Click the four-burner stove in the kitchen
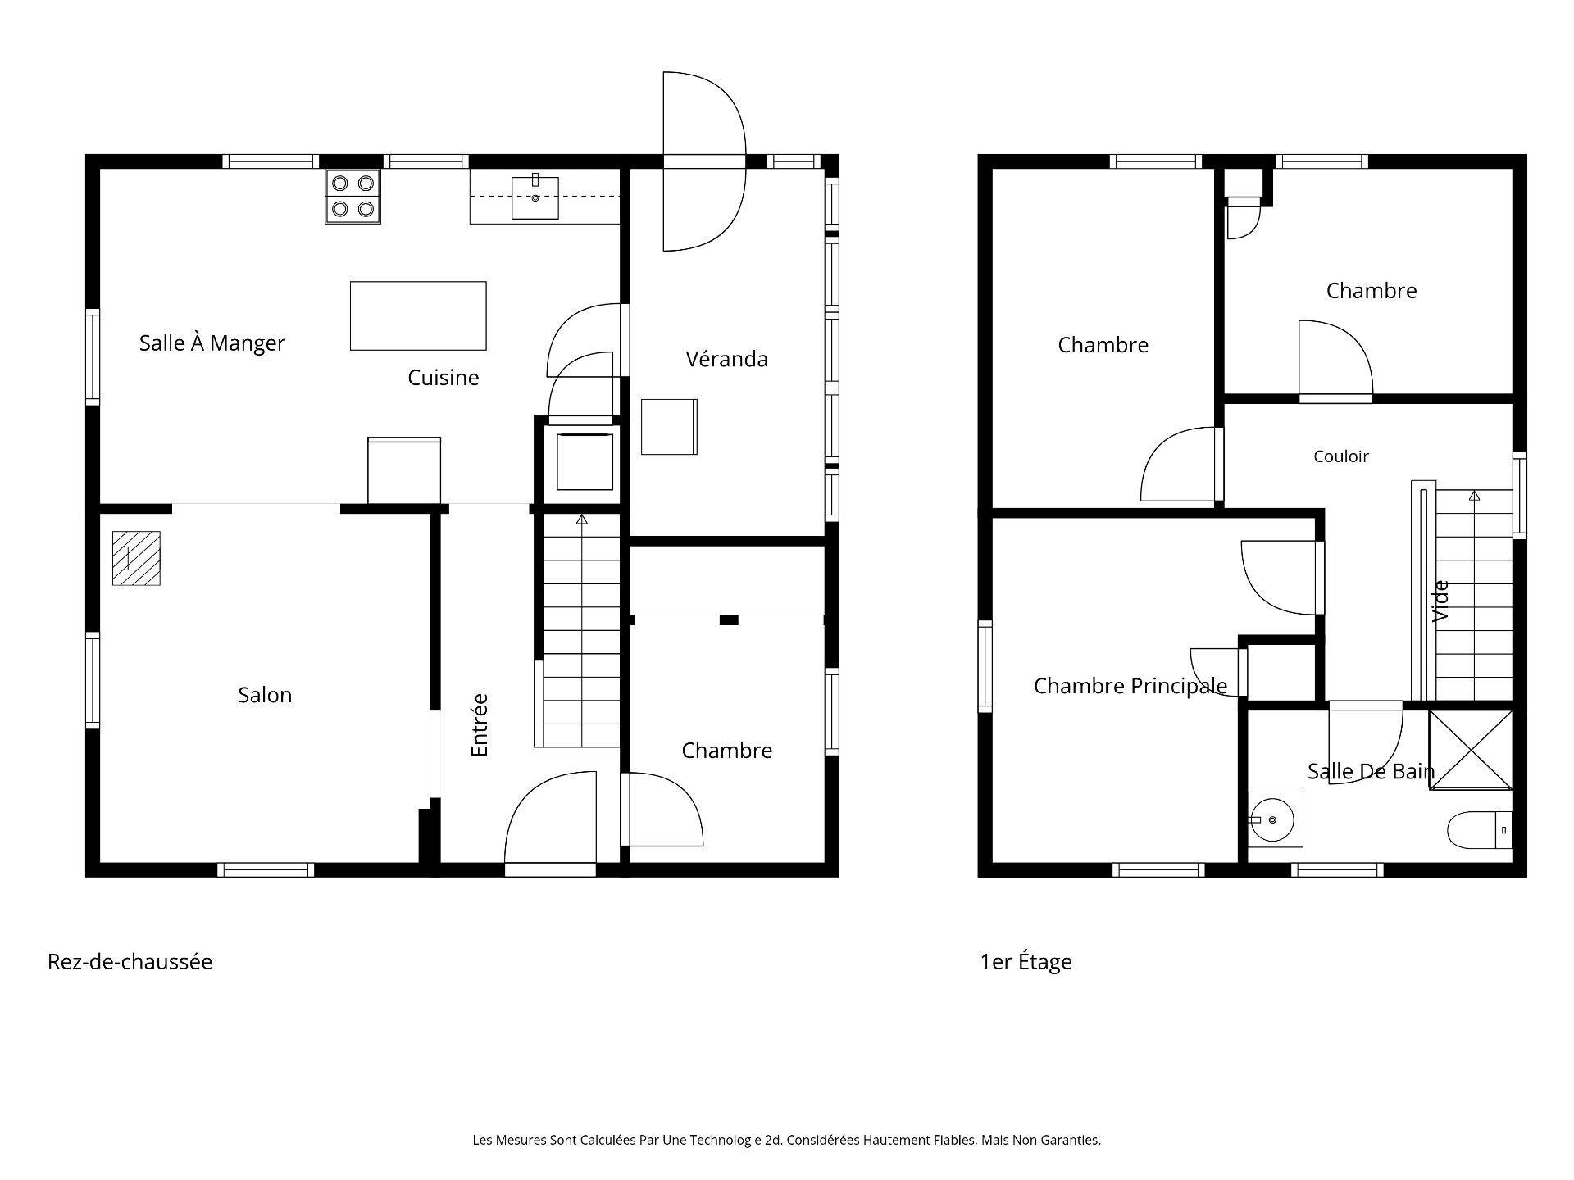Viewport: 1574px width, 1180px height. [353, 197]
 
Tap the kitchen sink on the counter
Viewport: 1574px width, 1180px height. [535, 197]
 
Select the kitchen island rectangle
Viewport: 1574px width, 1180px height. [418, 315]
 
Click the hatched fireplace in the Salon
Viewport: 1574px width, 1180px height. [136, 558]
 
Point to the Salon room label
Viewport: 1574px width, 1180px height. [265, 695]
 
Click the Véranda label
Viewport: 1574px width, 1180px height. [727, 359]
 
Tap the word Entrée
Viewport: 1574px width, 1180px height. [480, 725]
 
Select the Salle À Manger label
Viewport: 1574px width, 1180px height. [212, 343]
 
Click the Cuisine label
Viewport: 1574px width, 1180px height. [444, 377]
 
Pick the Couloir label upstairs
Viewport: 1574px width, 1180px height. [1341, 456]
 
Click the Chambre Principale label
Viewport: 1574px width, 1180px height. [1130, 686]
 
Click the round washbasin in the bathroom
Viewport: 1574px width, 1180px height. [1272, 819]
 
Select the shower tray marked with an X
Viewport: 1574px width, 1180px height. [1471, 750]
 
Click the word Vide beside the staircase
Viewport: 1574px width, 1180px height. [1440, 601]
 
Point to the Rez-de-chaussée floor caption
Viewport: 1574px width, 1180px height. [130, 961]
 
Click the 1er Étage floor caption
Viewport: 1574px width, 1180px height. [1026, 962]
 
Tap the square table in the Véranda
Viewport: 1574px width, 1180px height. [669, 427]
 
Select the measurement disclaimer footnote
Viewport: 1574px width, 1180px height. [787, 1140]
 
